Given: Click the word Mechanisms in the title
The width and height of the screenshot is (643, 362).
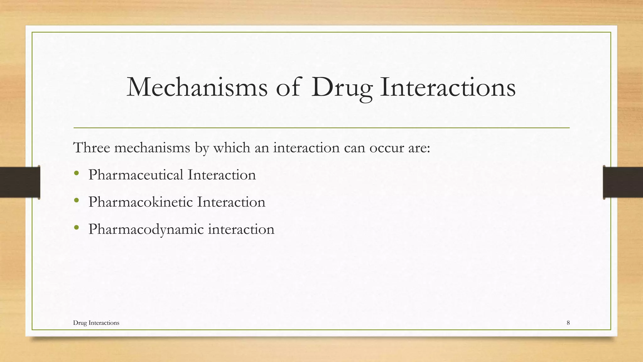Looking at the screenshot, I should tap(197, 87).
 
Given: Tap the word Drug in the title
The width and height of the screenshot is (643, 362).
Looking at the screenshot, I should tap(342, 87).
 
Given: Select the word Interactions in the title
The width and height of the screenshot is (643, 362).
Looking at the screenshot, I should tap(448, 87).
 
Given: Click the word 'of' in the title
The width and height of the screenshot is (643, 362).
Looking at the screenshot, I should tap(288, 87).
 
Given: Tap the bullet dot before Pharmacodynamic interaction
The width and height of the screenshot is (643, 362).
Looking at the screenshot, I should tap(76, 228).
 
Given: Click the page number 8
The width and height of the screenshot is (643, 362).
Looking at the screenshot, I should tap(568, 323).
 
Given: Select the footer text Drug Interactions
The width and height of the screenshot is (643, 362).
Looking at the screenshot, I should tap(96, 323).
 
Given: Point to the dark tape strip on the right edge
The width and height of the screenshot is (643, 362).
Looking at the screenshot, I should tap(623, 182).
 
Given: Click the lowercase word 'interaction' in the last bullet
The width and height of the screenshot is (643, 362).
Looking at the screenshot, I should tap(241, 229).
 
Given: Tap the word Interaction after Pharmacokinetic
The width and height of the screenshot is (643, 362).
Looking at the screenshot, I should tap(231, 202).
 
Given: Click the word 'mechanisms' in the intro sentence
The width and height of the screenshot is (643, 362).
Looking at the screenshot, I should tap(152, 148).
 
